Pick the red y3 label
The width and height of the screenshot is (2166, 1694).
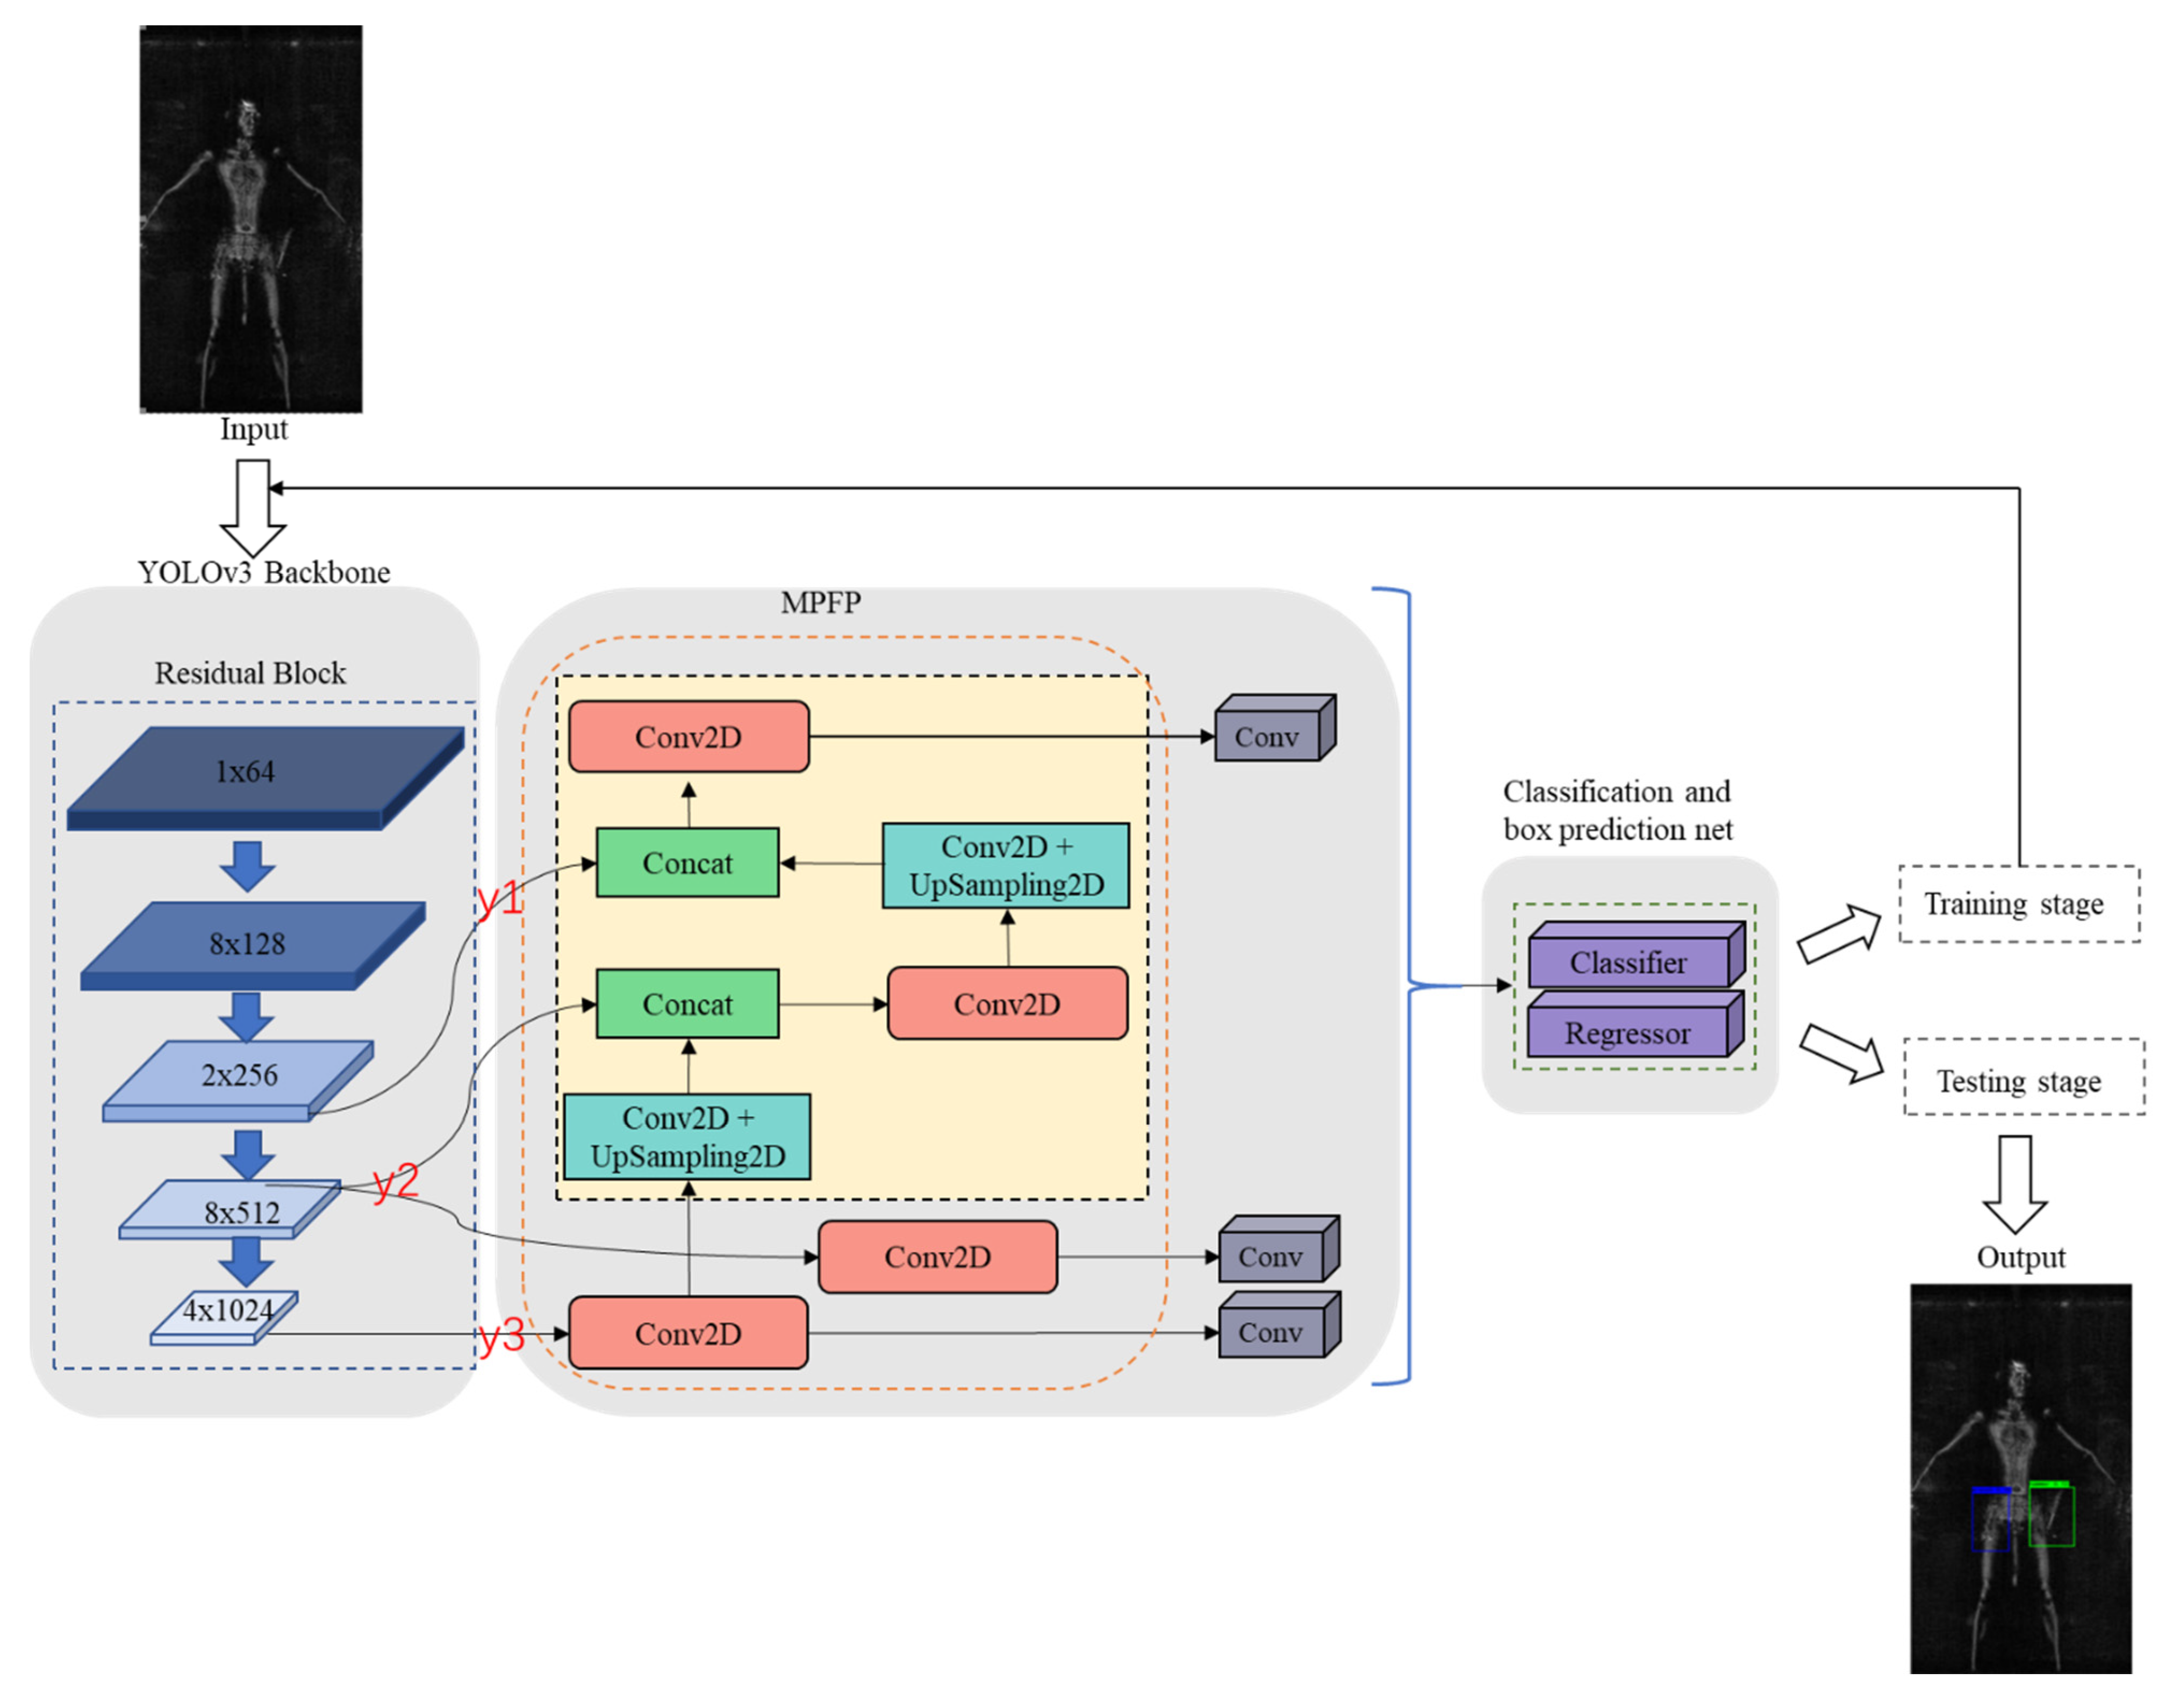(x=501, y=1337)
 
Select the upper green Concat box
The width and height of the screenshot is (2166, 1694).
(x=687, y=863)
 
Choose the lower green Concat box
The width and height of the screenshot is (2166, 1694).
(x=687, y=1004)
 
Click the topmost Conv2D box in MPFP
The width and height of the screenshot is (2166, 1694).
(x=688, y=737)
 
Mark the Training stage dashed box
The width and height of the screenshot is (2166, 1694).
(x=2018, y=903)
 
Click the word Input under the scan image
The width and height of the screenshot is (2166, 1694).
(x=254, y=429)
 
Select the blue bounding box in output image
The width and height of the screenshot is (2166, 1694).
(x=1990, y=1520)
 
